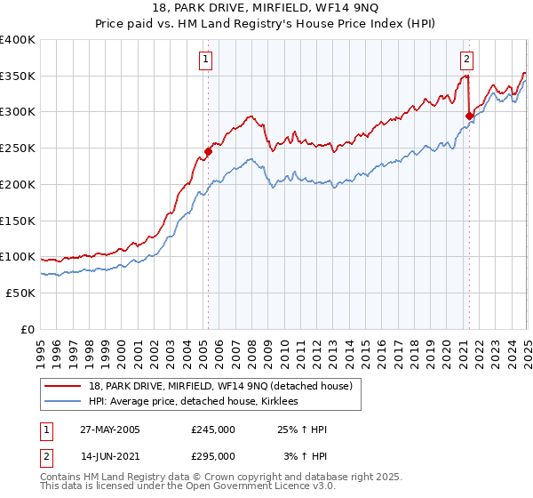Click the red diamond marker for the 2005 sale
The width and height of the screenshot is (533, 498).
209,151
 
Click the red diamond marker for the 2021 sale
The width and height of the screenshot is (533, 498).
469,115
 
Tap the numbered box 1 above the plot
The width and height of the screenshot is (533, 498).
205,60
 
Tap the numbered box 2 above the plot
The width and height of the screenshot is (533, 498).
466,60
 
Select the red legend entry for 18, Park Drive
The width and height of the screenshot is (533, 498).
220,386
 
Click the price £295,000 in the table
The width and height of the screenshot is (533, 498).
213,456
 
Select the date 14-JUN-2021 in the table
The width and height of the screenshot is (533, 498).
108,456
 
